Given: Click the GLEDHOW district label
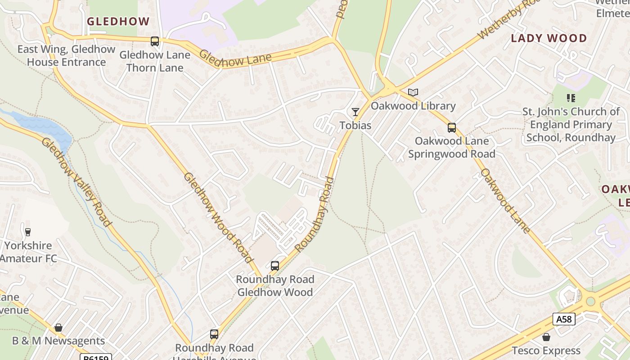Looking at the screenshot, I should [118, 21].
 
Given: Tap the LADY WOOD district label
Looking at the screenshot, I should [549, 38].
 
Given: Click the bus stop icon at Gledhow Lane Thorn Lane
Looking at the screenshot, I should [155, 41].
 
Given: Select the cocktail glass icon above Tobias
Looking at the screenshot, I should [355, 112].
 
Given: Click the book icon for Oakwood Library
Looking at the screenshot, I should [413, 93].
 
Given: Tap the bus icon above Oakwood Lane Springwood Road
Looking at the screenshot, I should [452, 128].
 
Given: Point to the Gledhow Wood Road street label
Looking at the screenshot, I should [217, 217].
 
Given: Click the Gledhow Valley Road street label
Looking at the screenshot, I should [76, 182].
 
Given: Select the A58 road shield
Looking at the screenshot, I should [564, 319].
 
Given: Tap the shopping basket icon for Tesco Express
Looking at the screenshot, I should [546, 337].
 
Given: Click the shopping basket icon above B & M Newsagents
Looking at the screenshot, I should [58, 328].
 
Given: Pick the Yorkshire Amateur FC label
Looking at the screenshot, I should [28, 252].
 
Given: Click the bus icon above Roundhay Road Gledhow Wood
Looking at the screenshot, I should [275, 266].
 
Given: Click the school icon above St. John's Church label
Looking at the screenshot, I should [571, 98].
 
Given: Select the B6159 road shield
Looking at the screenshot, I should [96, 358].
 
